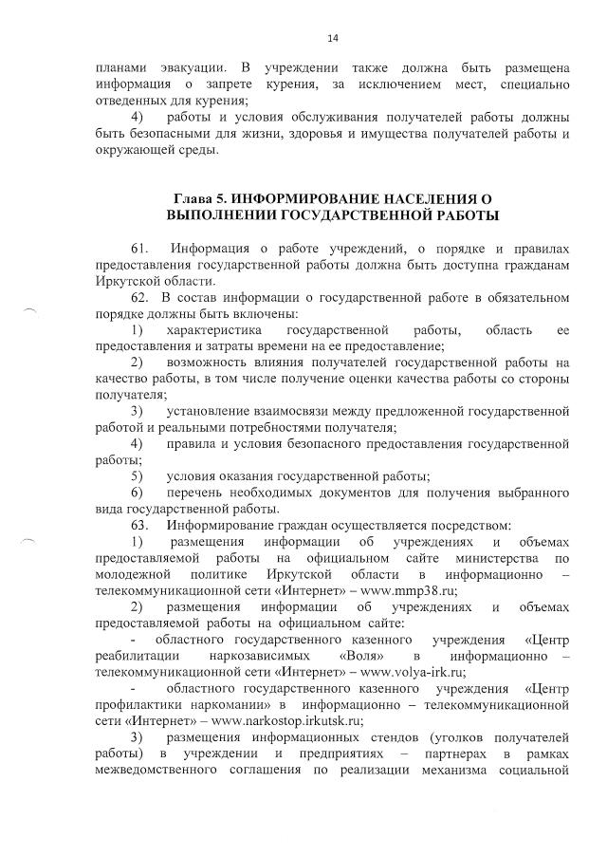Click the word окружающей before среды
click(137, 149)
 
